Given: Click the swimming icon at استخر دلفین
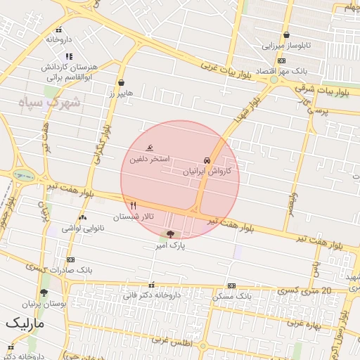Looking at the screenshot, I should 150,148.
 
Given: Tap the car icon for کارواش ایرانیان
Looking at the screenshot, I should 206,160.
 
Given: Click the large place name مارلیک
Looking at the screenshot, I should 25,323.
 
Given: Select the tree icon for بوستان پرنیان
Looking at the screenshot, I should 44,292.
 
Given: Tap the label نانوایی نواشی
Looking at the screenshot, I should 82,229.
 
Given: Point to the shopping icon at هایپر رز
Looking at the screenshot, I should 121,82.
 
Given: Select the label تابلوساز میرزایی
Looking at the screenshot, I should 285,46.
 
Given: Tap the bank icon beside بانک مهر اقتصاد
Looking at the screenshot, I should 281,61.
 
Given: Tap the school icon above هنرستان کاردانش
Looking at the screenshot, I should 68,56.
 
